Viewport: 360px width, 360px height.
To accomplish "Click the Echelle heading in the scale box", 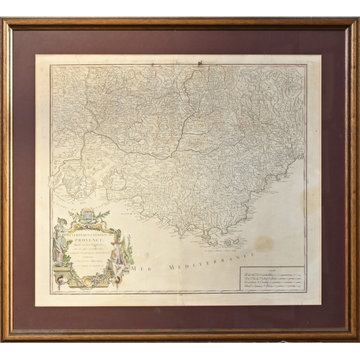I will [271, 270].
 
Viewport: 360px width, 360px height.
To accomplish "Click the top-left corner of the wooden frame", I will [4, 22].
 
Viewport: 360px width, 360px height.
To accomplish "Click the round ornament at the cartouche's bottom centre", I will [89, 282].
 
